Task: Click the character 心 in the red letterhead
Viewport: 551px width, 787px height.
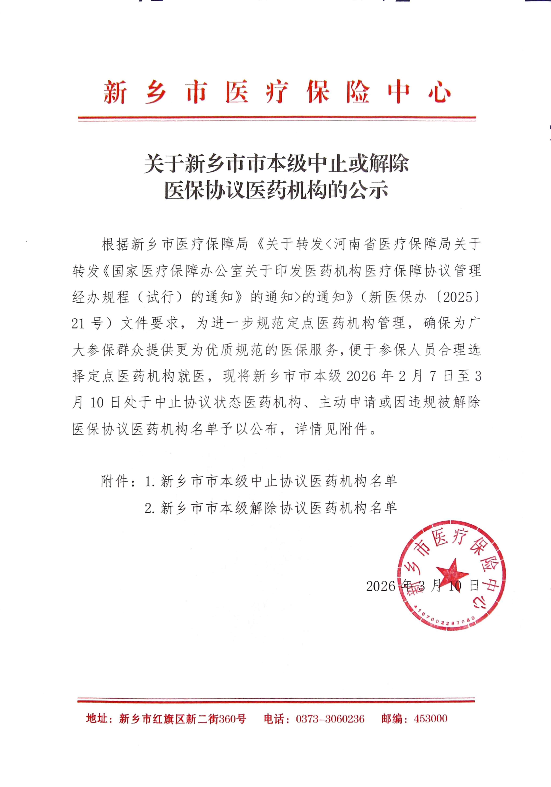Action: (439, 92)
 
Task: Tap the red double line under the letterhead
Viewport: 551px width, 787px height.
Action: (277, 119)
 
